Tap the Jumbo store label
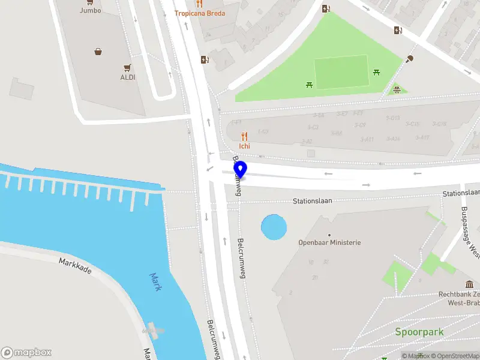[91, 10]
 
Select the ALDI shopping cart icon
[127, 68]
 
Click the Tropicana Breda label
[200, 13]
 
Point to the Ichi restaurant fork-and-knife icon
[244, 136]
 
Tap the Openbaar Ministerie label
[329, 242]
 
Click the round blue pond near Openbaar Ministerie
[274, 227]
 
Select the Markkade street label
[75, 266]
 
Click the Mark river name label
[155, 281]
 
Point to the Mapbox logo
[26, 353]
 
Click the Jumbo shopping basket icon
[98, 52]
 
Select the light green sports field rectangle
[341, 72]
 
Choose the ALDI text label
[127, 77]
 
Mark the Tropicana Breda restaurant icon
[200, 4]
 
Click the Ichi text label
[244, 146]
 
